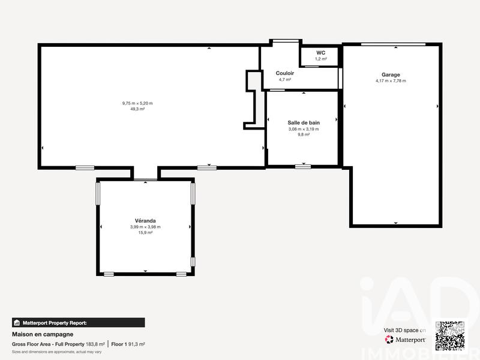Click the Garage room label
391,75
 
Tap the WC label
321,53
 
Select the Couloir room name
285,73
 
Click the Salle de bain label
304,122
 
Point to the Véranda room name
145,221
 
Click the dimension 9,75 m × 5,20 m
137,103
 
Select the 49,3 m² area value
137,109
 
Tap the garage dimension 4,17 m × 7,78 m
391,81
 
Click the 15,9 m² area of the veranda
145,233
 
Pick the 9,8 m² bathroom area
304,134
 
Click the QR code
450,335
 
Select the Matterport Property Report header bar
78,322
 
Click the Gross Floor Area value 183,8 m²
95,344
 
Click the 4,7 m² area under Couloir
285,79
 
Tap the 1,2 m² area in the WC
321,59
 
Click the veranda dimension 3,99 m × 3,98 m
145,227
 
